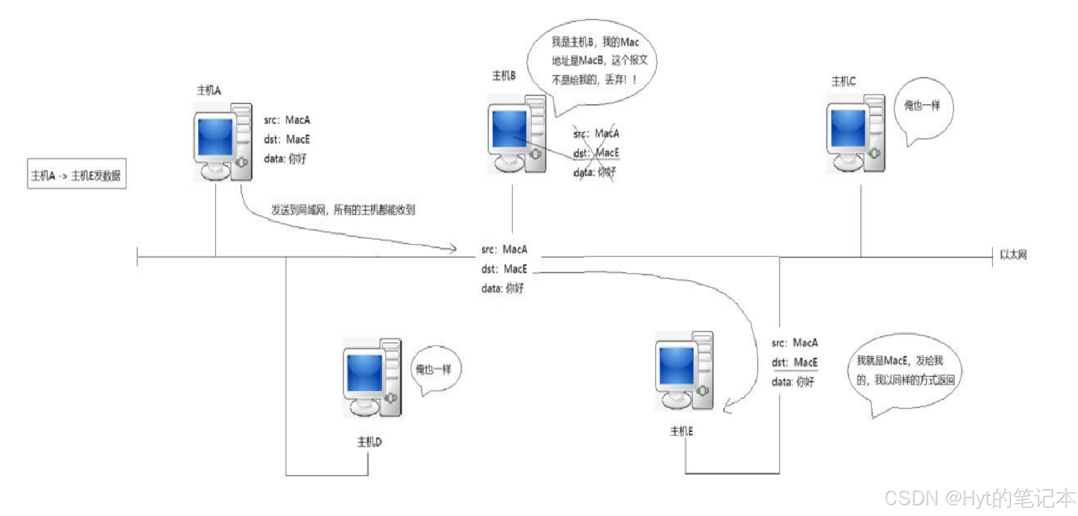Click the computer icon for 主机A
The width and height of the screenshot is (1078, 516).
click(223, 142)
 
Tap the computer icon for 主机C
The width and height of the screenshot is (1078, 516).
click(855, 134)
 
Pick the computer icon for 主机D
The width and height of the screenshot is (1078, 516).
click(372, 377)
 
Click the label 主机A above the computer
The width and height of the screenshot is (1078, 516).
click(209, 91)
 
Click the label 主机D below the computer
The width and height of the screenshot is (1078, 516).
click(369, 442)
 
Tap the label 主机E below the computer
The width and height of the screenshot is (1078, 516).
click(681, 431)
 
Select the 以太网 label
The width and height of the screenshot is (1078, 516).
click(1013, 255)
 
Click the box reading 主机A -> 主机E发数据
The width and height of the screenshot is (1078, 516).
click(77, 175)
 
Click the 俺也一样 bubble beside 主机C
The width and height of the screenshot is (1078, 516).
click(923, 106)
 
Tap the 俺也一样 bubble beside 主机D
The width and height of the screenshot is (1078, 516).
click(434, 369)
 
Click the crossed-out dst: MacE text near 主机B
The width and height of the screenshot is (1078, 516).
click(596, 153)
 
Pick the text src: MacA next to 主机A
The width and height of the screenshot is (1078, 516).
click(287, 120)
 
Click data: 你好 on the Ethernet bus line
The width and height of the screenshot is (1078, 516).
click(502, 288)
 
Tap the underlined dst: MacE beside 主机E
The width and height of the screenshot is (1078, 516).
click(794, 363)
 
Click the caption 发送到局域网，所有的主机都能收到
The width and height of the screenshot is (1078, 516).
click(343, 210)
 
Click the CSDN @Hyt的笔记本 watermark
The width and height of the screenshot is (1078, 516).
click(979, 498)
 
